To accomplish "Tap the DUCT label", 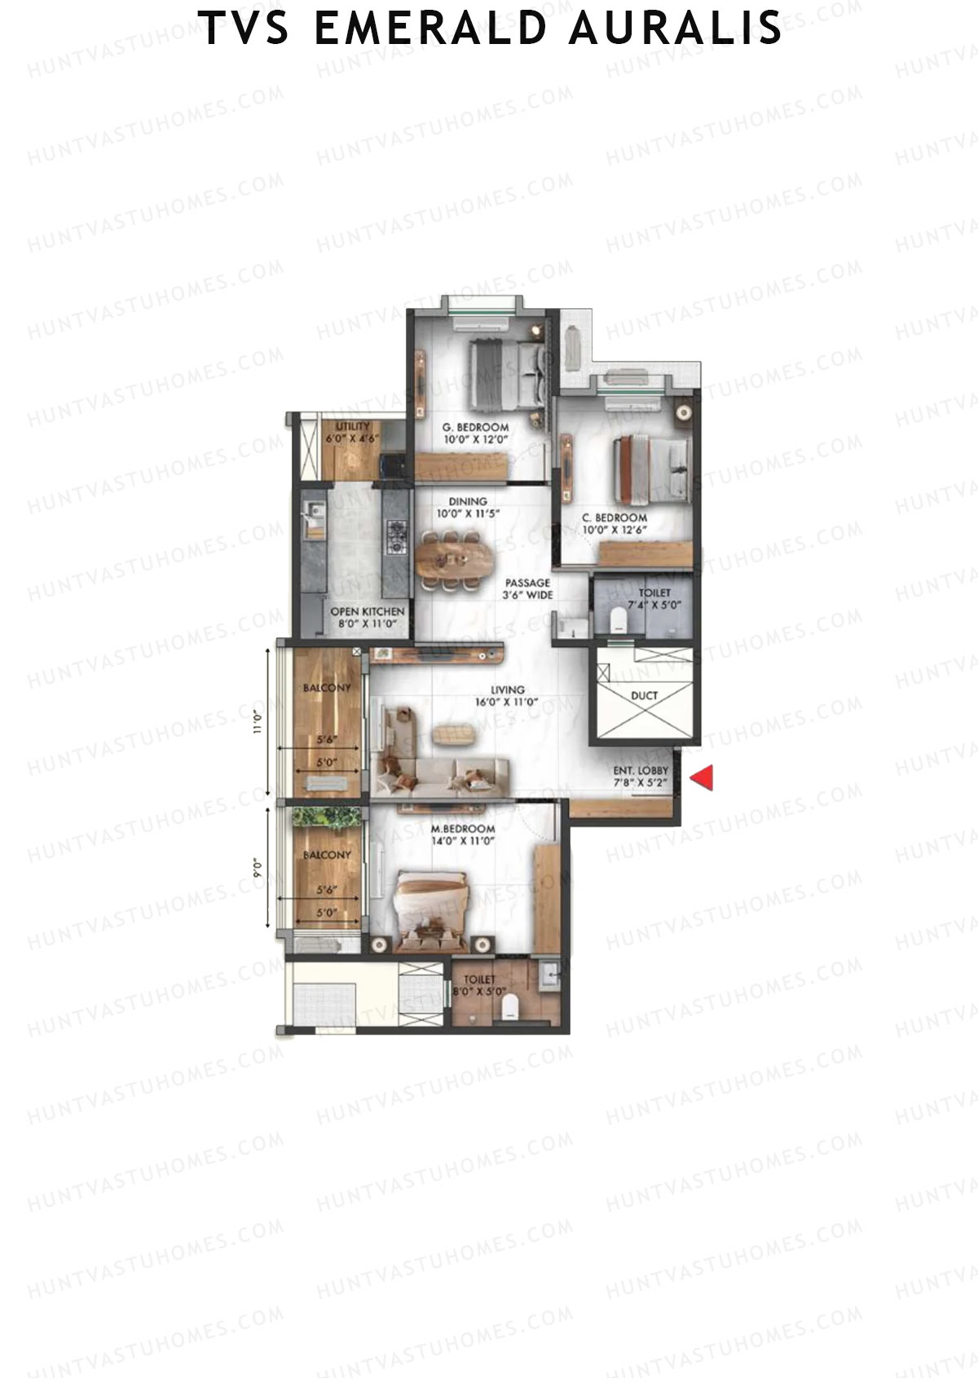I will click(x=644, y=695).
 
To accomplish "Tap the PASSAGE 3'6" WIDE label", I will click(x=527, y=589).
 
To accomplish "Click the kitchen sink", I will click(x=312, y=518).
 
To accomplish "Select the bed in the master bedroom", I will click(x=431, y=907).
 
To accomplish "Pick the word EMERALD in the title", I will click(x=430, y=28).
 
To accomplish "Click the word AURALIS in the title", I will click(x=675, y=28).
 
